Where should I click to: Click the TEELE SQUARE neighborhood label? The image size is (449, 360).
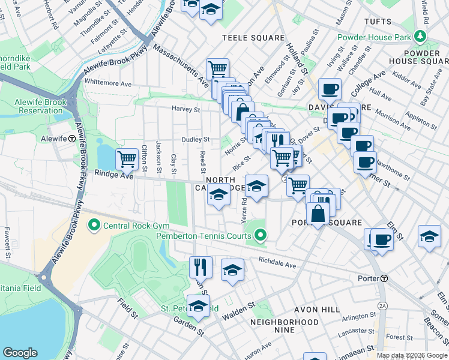coord(253,38)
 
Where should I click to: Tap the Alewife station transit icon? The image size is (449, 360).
coord(72,138)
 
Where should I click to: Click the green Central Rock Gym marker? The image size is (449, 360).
coord(94,226)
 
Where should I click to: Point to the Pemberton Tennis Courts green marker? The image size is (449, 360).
coord(260,236)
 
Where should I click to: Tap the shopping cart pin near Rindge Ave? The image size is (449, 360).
coord(127,160)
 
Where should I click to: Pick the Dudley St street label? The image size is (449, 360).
coord(196,139)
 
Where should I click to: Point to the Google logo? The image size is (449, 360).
coord(20,353)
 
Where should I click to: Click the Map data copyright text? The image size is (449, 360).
coord(412,355)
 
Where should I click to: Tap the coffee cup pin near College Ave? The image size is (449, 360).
coord(330,89)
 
